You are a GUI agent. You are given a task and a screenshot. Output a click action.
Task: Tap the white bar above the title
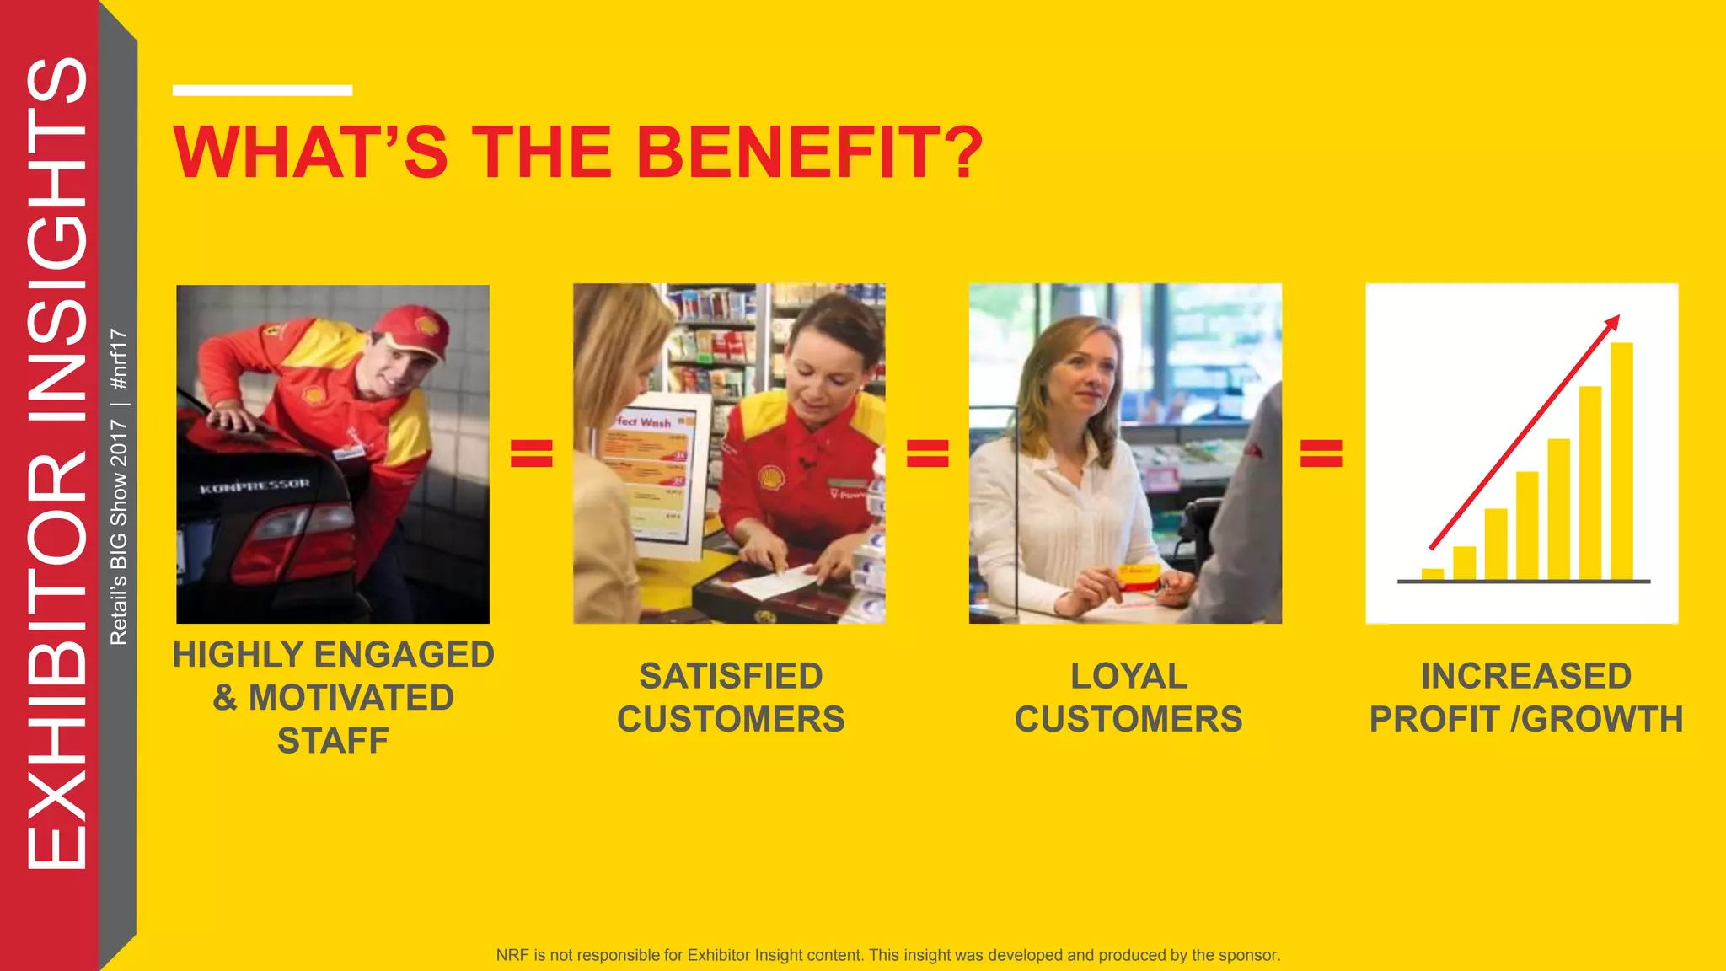pyautogui.click(x=262, y=90)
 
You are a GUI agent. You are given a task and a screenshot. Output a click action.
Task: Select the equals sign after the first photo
pyautogui.click(x=532, y=453)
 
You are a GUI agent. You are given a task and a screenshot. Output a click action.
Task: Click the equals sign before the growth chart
pyautogui.click(x=1321, y=453)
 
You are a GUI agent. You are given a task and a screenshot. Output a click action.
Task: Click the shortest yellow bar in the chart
pyautogui.click(x=1432, y=575)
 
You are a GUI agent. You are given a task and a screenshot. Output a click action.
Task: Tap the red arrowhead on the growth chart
pyautogui.click(x=1611, y=322)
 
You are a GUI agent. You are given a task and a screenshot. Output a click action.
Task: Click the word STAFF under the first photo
pyautogui.click(x=333, y=741)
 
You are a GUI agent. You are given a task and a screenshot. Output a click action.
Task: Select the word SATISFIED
pyautogui.click(x=731, y=676)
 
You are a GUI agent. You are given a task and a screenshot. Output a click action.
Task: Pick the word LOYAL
pyautogui.click(x=1128, y=676)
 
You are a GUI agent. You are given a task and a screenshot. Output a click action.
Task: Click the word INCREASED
pyautogui.click(x=1526, y=676)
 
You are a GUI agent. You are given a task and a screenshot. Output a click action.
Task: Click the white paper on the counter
pyautogui.click(x=775, y=582)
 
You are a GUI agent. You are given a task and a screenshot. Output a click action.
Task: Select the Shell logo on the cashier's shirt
pyautogui.click(x=770, y=478)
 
